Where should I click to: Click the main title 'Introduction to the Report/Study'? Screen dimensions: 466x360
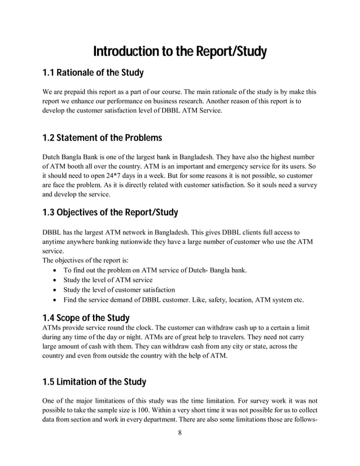(179, 52)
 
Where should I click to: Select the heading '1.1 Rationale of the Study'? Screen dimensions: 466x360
(93, 73)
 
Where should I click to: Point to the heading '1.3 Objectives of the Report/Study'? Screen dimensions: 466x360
(110, 213)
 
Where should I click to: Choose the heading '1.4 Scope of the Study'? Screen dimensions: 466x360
(86, 318)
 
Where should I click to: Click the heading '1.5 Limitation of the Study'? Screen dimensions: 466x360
(94, 382)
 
